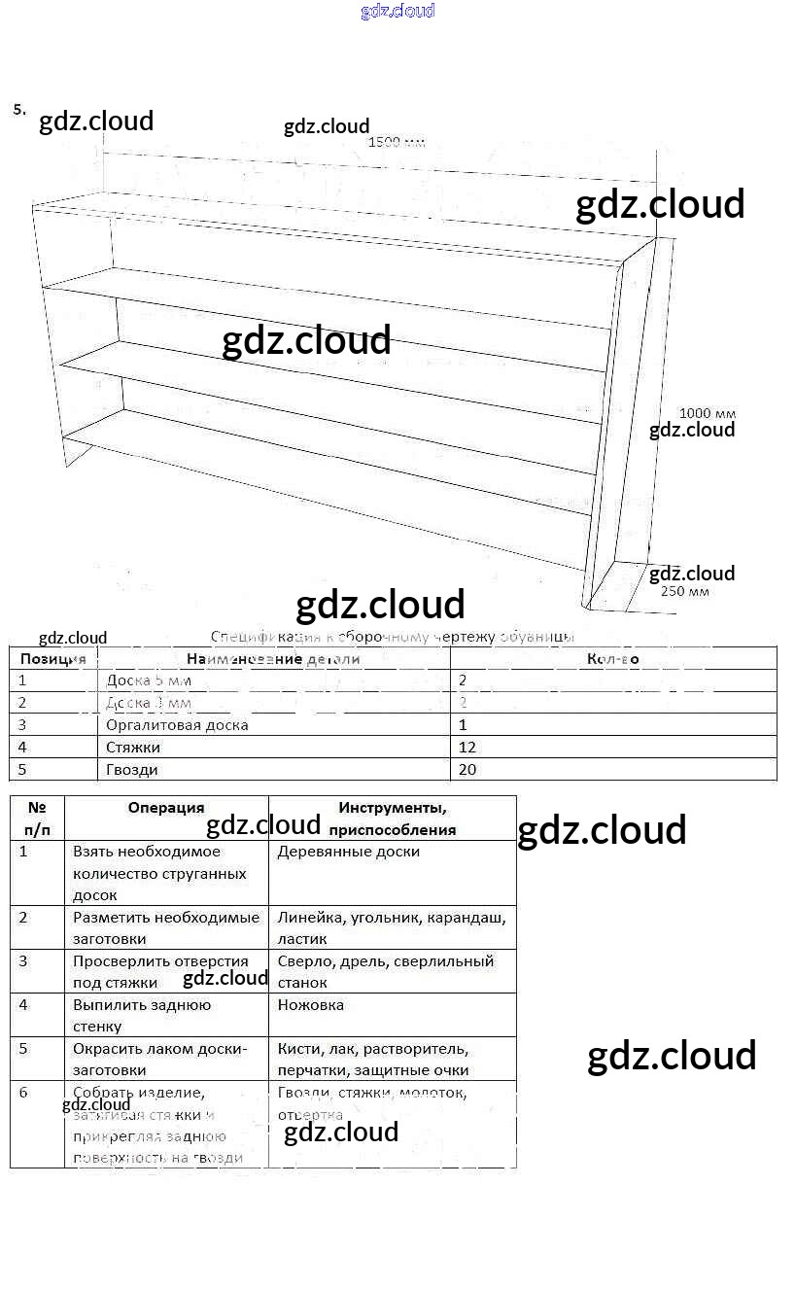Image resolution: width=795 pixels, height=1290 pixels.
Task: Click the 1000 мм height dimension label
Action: tap(707, 413)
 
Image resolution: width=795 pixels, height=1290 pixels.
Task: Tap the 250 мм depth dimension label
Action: tap(684, 591)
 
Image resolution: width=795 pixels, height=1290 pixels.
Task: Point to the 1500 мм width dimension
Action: tap(397, 143)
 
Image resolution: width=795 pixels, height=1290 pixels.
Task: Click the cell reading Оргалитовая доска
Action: tap(177, 725)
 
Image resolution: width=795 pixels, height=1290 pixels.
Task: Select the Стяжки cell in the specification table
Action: tap(133, 748)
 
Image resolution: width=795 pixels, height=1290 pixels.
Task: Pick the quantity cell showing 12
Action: tap(467, 748)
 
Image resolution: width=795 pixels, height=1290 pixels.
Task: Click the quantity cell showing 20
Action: tap(467, 770)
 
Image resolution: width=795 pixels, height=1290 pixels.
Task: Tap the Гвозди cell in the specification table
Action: tap(132, 770)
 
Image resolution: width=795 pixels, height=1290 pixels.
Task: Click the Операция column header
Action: tap(166, 808)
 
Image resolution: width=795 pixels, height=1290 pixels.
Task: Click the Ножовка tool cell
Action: tap(310, 1005)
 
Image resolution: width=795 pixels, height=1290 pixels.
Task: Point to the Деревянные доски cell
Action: tap(348, 852)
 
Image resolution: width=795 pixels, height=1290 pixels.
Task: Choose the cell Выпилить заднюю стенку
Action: tap(142, 1015)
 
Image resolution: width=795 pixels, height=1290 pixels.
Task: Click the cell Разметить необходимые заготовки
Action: tap(166, 927)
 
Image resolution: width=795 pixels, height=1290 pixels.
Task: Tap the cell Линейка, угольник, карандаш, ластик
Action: tap(391, 927)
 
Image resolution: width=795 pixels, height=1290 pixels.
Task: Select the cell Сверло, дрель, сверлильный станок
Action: tap(386, 971)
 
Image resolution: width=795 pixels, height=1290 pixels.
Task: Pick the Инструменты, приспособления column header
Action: tap(392, 819)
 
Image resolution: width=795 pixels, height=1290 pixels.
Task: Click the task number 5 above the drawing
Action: tap(19, 110)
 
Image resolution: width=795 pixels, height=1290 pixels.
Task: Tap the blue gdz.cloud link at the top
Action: tap(397, 11)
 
